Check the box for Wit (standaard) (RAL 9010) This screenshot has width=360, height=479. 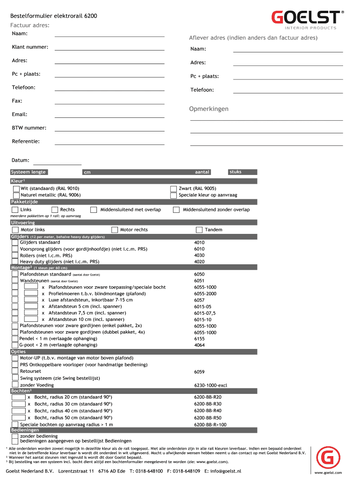pos(16,189)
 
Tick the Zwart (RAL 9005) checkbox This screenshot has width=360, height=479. pos(173,189)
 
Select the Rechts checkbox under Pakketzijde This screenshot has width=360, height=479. pos(55,210)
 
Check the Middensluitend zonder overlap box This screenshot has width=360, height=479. pos(176,210)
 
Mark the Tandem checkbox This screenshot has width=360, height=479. pos(199,230)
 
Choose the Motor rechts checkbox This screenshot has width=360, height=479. pos(115,230)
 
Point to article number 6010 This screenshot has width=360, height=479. pos(199,249)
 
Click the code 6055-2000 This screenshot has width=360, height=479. pos(205,294)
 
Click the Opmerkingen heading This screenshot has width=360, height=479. pos(209,109)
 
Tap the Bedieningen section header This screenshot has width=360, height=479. pos(25,430)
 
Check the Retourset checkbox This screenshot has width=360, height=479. pos(15,371)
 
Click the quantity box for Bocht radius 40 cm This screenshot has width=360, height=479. pos(19,410)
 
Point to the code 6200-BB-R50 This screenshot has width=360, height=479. pos(208,418)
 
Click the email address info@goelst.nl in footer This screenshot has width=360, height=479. pos(226,471)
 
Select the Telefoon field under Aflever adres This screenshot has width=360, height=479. pos(288,90)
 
